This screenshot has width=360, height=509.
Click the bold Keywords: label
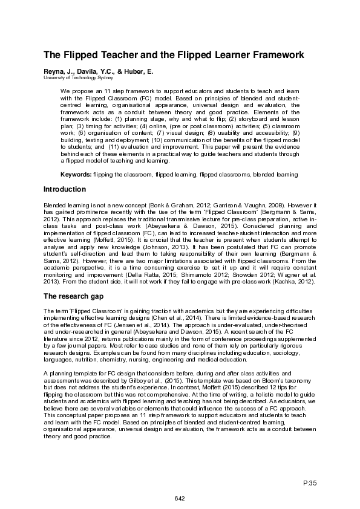76,174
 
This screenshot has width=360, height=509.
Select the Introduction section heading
65,189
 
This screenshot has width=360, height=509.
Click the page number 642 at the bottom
180,498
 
